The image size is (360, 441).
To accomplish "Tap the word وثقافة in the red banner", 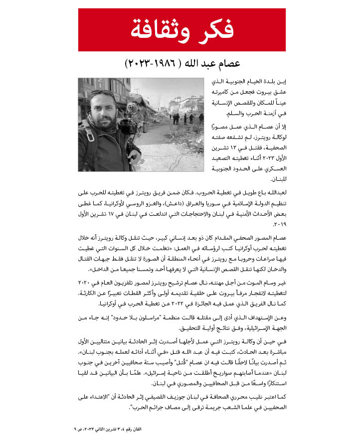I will [161, 30].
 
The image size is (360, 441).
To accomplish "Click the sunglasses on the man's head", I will [103, 92].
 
